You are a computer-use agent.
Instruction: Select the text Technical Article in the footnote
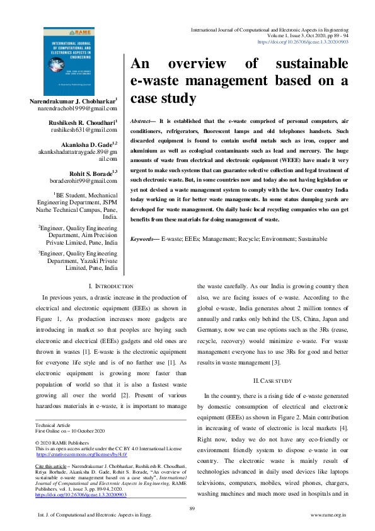pyautogui.click(x=53, y=425)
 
